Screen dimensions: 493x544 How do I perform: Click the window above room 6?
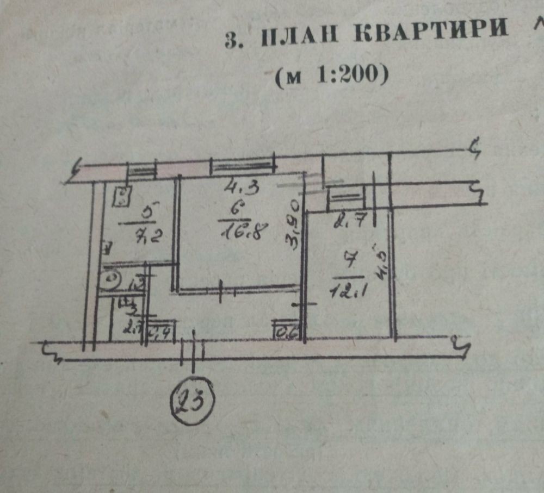pos(242,166)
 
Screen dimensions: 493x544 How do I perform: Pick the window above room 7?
pos(345,196)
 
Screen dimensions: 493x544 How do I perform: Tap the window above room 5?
pos(141,172)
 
